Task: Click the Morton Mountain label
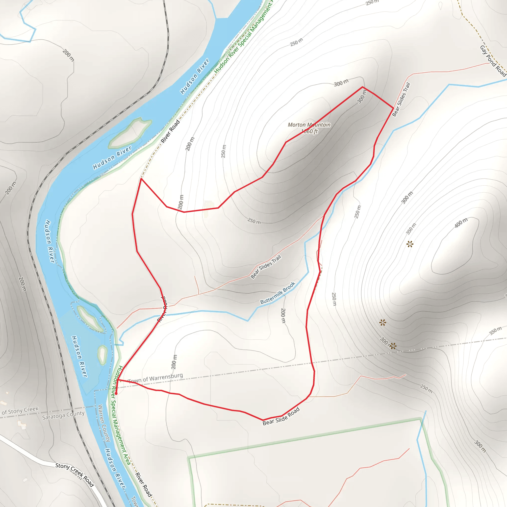pos(309,125)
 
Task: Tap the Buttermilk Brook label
pos(278,293)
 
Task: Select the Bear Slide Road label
pos(281,416)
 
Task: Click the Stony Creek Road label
pos(75,475)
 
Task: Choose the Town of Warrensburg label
pos(156,378)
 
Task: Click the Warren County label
pos(104,423)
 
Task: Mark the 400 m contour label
pos(461,223)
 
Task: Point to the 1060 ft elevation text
pos(309,131)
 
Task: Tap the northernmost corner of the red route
pos(363,87)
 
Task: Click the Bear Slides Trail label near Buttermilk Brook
pos(266,267)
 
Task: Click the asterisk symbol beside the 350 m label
pos(410,244)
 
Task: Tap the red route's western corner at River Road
pos(141,179)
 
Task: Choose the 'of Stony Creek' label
pos(20,410)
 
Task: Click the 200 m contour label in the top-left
pos(68,55)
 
